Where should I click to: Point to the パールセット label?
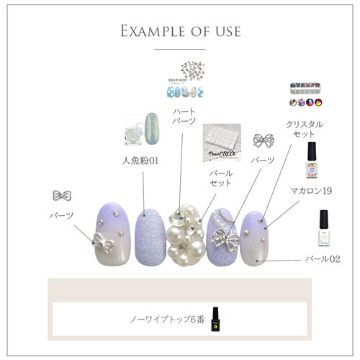coord(220,178)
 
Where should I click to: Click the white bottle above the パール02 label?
coord(323,228)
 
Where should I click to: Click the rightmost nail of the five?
coord(256,237)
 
